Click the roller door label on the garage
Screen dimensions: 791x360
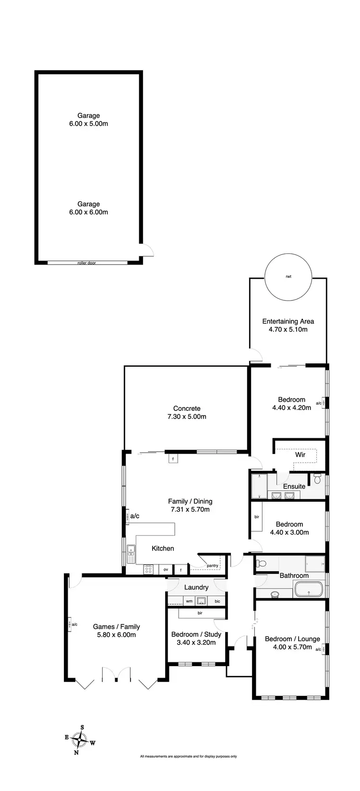coord(87,263)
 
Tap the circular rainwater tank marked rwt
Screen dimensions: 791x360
coord(288,277)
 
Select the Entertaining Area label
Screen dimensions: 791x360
coord(288,322)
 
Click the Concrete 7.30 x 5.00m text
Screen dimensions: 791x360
coord(187,412)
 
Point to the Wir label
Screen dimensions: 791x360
coord(300,455)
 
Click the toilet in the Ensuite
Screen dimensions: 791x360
coord(317,479)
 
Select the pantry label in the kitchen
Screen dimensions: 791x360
coord(212,565)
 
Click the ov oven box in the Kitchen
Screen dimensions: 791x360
coord(166,569)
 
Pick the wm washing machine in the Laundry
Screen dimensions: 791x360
coord(189,600)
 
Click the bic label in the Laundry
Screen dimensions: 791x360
coord(217,600)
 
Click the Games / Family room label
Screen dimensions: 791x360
coord(116,626)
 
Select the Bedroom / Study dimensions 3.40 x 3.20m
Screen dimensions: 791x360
coord(196,642)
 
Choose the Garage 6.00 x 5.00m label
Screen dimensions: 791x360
coord(88,120)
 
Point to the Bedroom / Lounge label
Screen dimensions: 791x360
coord(292,639)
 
